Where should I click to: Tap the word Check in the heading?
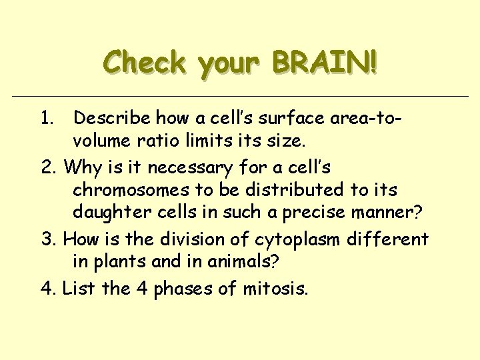(x=144, y=63)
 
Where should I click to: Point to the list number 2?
(x=47, y=166)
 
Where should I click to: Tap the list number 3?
(x=47, y=238)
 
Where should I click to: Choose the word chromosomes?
(x=140, y=190)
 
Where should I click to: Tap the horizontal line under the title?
(x=240, y=97)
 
